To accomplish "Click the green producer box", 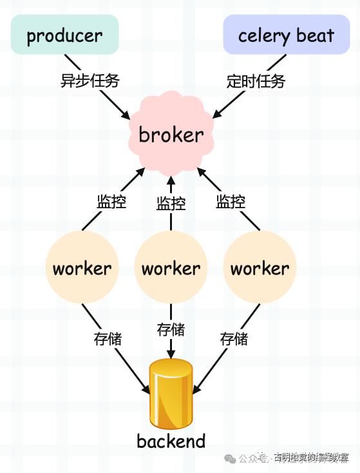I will (x=64, y=35).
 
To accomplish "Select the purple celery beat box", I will (x=286, y=35).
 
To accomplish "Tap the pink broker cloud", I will (x=171, y=135).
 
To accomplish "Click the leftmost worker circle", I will (x=82, y=267).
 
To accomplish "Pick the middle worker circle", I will (x=171, y=267).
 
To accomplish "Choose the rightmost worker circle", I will (x=260, y=267).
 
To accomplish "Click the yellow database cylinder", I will (x=171, y=394).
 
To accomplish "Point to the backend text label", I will (x=171, y=441).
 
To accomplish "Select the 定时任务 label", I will (x=256, y=81).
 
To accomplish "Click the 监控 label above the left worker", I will (x=111, y=201).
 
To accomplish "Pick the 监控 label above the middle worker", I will (x=171, y=204).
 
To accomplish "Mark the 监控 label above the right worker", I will (x=231, y=201).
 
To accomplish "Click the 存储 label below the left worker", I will (x=108, y=338).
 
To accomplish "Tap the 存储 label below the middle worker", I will (x=171, y=330).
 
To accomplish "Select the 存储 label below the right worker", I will (x=234, y=338).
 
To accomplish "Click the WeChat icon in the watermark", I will (x=230, y=458).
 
